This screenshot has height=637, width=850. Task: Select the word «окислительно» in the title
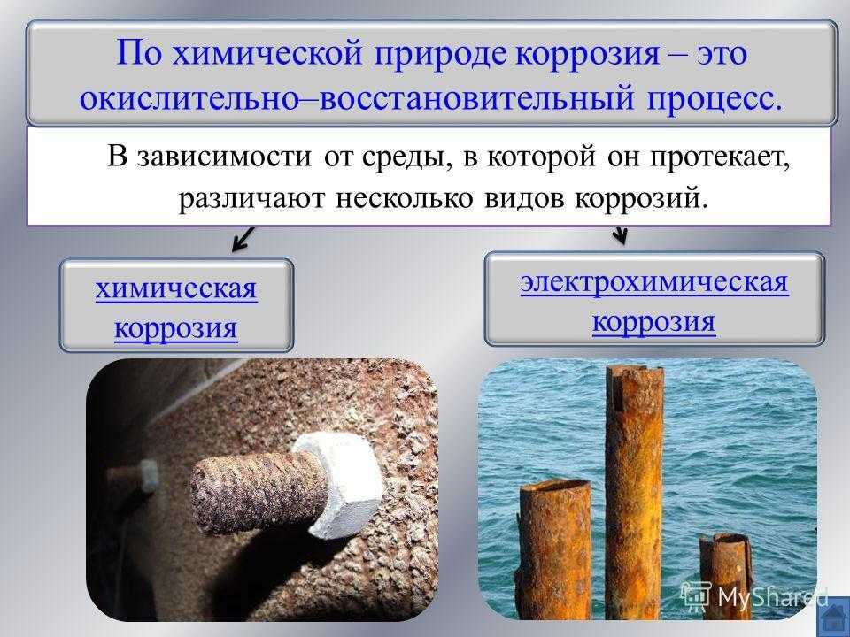pos(189,98)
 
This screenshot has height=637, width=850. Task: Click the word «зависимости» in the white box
pos(225,158)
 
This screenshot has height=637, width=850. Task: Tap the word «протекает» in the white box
pos(721,158)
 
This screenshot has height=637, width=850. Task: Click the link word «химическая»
pos(176,288)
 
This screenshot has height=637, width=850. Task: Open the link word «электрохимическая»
pos(654,283)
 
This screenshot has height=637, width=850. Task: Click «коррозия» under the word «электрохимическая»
pos(653,322)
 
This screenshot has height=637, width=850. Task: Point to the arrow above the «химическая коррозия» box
pos(243,239)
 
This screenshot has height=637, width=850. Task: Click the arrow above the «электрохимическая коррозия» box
pos(620,234)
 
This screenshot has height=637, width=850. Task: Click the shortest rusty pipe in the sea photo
pos(725,575)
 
